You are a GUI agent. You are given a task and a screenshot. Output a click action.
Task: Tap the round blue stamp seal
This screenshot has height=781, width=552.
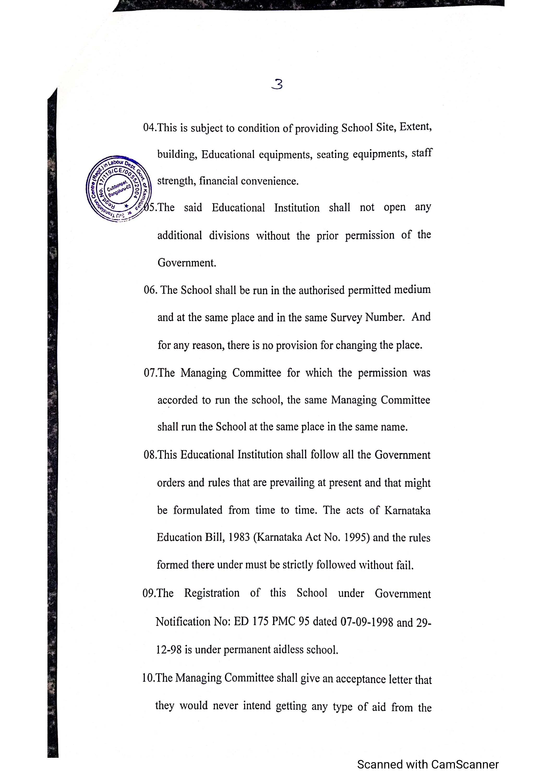click(118, 188)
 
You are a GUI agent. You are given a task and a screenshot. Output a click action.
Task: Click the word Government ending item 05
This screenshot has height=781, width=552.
click(187, 263)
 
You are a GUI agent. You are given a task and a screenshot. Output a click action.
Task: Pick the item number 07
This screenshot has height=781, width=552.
click(150, 373)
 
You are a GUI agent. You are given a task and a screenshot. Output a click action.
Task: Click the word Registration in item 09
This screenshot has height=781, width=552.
click(212, 593)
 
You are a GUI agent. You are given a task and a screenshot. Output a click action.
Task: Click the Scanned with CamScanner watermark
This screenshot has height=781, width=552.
click(428, 764)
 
